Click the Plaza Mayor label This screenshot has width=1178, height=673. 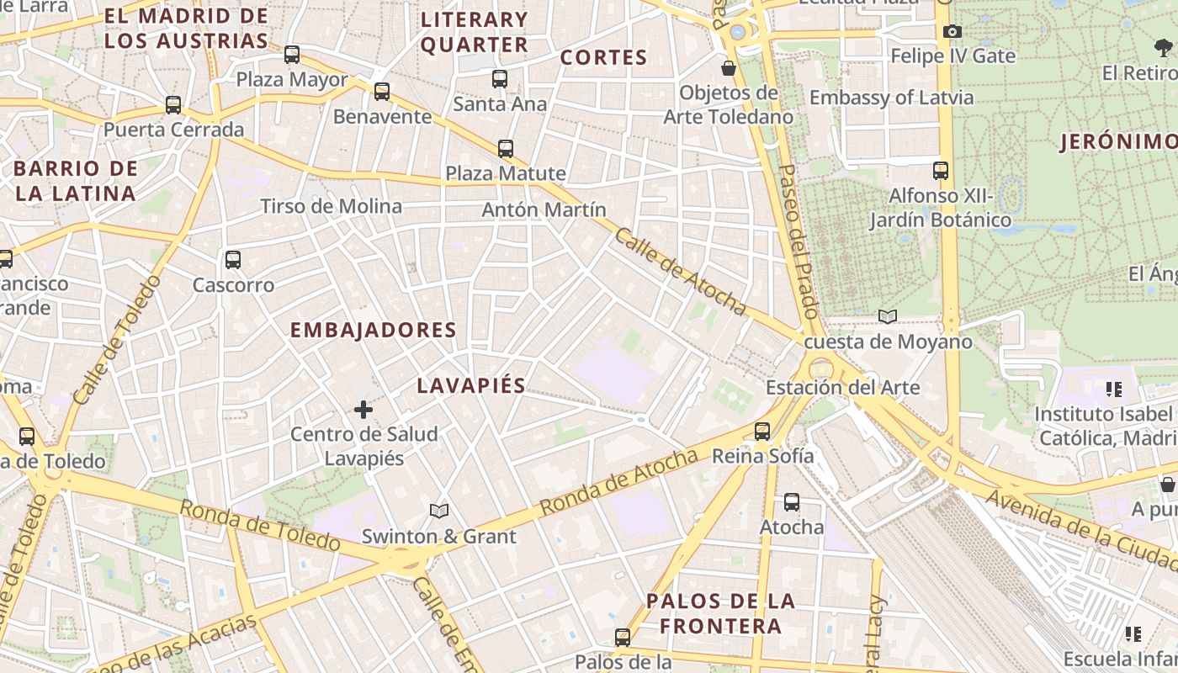click(x=291, y=80)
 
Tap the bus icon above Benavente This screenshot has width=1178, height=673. click(x=382, y=92)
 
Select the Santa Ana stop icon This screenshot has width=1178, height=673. click(x=500, y=79)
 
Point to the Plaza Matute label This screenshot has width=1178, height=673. click(x=505, y=173)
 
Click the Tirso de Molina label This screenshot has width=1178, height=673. click(x=331, y=206)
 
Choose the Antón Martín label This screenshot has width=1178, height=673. click(x=544, y=209)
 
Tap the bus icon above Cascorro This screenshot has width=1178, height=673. click(x=233, y=260)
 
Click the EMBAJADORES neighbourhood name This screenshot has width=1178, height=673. click(x=373, y=330)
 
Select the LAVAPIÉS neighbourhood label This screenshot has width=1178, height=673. click(x=471, y=386)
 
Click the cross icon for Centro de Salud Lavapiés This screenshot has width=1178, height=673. click(x=363, y=410)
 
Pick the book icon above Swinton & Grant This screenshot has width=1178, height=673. click(x=438, y=511)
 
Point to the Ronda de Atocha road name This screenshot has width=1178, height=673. click(x=618, y=482)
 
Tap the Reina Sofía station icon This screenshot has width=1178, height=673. click(x=762, y=432)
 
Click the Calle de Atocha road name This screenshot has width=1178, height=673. click(x=680, y=272)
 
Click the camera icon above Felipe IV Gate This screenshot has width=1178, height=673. click(x=952, y=32)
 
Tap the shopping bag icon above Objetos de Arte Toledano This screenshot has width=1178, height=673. click(x=729, y=68)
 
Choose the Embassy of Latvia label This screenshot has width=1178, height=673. click(x=891, y=98)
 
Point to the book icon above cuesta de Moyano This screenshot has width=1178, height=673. click(x=888, y=316)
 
